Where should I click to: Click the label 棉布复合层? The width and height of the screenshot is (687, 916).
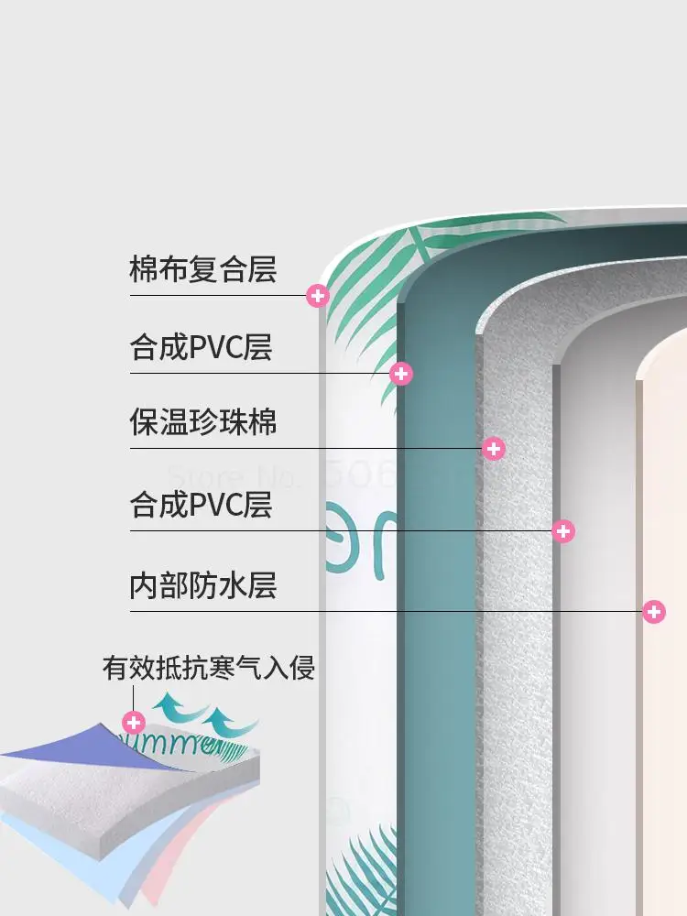point(202,270)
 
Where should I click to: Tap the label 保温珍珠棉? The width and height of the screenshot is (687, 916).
point(202,423)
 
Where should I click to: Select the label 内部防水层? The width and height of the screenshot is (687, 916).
point(202,585)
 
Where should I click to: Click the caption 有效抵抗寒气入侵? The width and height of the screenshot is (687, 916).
point(209,668)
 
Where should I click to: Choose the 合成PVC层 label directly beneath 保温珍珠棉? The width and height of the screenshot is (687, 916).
point(201,505)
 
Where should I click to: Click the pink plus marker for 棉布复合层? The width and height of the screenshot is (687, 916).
point(318,295)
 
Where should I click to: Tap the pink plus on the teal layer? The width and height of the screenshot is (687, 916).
point(401,373)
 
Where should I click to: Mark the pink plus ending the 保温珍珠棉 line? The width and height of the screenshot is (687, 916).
point(494,448)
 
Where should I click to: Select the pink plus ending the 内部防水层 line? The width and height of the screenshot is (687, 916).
point(653,611)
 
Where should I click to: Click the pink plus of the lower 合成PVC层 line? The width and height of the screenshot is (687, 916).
point(564,530)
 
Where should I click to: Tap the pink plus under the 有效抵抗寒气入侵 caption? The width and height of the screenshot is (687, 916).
point(134,722)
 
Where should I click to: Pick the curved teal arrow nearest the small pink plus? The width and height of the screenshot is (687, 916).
point(170,709)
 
